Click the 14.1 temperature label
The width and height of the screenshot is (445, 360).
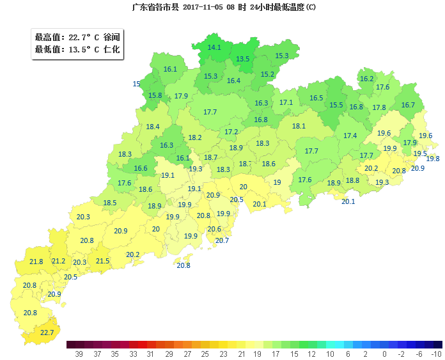pyautogui.click(x=214, y=47)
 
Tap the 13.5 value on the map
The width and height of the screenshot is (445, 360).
pyautogui.click(x=243, y=59)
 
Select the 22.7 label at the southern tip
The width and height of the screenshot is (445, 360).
pyautogui.click(x=47, y=333)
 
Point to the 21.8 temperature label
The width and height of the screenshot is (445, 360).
pyautogui.click(x=36, y=262)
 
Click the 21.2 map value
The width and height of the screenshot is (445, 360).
pyautogui.click(x=58, y=261)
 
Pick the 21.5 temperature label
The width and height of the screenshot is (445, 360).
pyautogui.click(x=102, y=261)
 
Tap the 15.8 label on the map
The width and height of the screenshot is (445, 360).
pyautogui.click(x=155, y=96)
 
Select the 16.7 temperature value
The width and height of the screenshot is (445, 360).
pyautogui.click(x=408, y=105)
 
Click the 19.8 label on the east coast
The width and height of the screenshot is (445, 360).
pyautogui.click(x=433, y=159)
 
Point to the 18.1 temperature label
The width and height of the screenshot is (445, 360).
pyautogui.click(x=299, y=126)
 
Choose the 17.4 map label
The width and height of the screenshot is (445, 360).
pyautogui.click(x=350, y=136)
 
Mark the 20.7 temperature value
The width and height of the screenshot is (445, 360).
pyautogui.click(x=222, y=240)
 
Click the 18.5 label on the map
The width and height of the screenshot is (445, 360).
pyautogui.click(x=110, y=203)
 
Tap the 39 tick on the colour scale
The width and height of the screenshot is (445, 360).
pyautogui.click(x=79, y=354)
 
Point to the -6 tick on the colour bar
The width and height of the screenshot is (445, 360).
pyautogui.click(x=419, y=354)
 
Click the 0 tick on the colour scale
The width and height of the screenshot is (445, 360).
pyautogui.click(x=384, y=354)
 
